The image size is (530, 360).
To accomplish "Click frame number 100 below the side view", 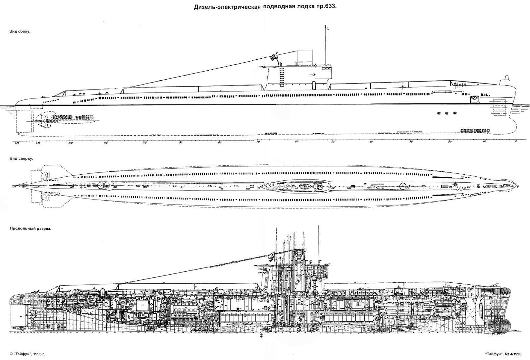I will (144, 143).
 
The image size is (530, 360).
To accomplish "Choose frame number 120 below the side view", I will (70, 143).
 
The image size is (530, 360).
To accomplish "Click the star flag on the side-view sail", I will (275, 57).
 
